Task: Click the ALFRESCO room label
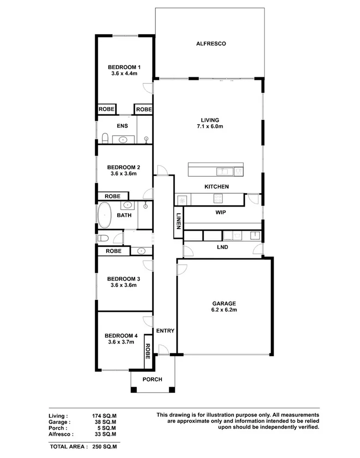[210, 44]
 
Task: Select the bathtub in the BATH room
[105, 215]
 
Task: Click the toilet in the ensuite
[105, 137]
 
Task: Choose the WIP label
[220, 213]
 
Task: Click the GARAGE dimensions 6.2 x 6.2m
[224, 311]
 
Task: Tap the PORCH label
[152, 380]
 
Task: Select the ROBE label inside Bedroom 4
[148, 351]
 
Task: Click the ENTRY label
[165, 331]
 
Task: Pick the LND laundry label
[222, 247]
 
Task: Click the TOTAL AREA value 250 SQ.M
[104, 446]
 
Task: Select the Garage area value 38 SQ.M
[104, 422]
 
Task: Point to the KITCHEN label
[217, 187]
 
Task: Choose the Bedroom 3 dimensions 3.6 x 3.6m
[123, 285]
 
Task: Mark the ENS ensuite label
[122, 126]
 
